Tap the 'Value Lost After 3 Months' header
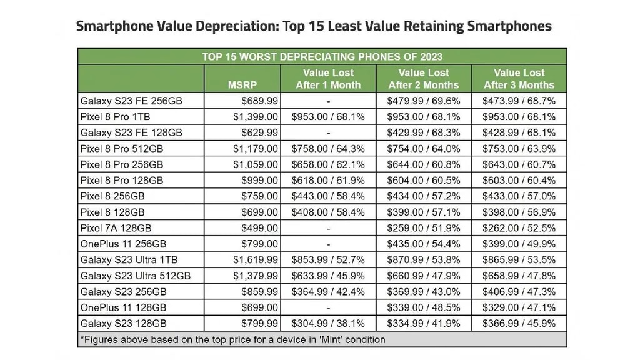tap(519, 79)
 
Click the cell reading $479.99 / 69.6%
tap(424, 101)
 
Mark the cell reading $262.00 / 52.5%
tap(519, 228)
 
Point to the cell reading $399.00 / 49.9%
tap(519, 244)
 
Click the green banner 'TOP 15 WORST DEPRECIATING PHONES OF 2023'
tap(322, 56)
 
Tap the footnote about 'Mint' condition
tap(232, 339)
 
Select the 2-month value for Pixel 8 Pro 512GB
tap(424, 148)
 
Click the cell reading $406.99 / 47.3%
tap(519, 292)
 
